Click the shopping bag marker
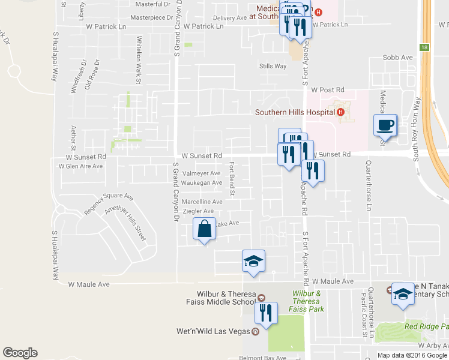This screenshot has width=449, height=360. (x=204, y=229)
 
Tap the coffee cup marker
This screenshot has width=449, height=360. (x=385, y=126)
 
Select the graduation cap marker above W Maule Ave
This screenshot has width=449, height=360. (x=253, y=262)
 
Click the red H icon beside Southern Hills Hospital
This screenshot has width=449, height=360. (x=341, y=112)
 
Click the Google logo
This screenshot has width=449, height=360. (x=20, y=353)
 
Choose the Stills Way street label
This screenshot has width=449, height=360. (x=273, y=66)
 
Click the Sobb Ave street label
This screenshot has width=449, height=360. (x=398, y=58)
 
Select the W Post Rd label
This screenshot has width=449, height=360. (x=326, y=89)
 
